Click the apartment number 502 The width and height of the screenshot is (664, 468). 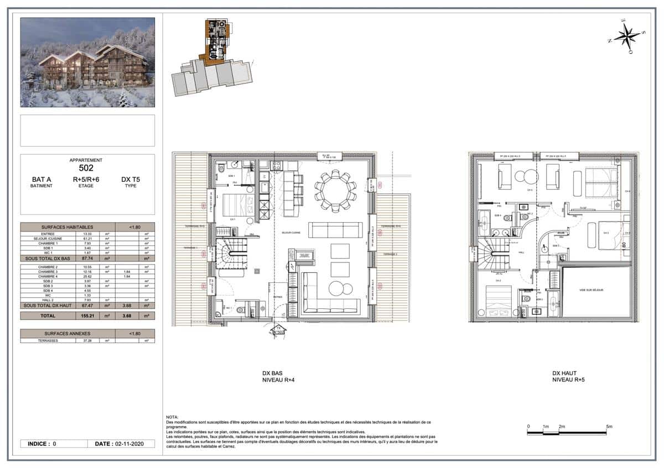click(86, 168)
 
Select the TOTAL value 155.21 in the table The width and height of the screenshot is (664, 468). click(82, 315)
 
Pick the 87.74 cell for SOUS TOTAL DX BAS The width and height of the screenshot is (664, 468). click(82, 258)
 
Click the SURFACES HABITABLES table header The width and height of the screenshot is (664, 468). click(68, 226)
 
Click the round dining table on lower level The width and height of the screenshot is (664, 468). click(334, 191)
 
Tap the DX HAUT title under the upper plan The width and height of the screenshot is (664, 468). click(564, 374)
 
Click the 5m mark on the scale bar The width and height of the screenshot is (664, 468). click(609, 427)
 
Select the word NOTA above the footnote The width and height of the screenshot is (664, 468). click(172, 417)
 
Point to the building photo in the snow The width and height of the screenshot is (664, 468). click(87, 62)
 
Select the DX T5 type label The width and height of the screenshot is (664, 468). click(131, 180)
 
